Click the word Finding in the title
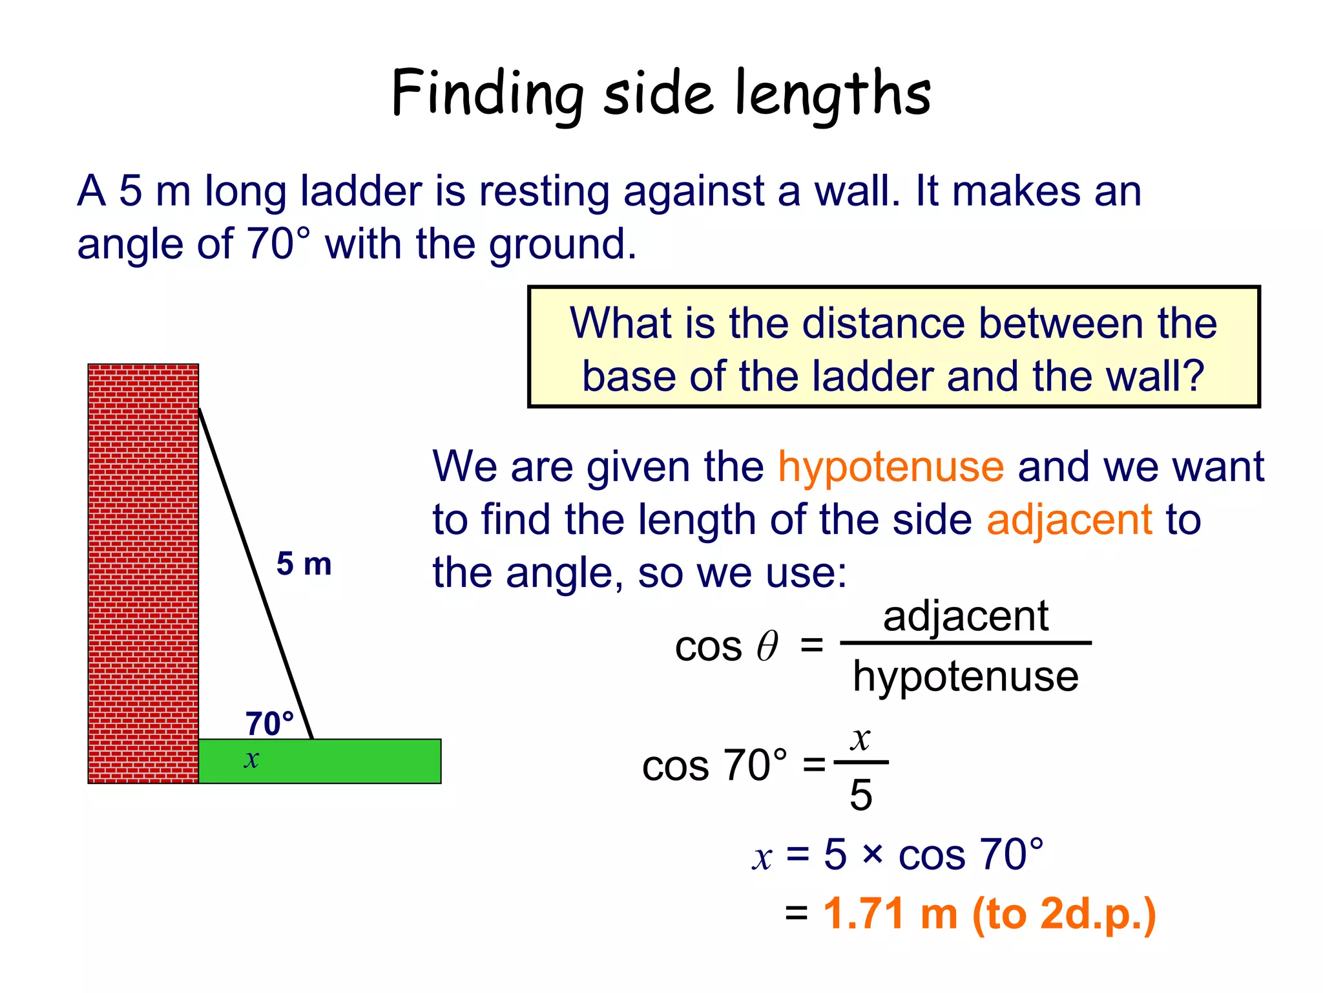click(486, 94)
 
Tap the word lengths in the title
click(833, 94)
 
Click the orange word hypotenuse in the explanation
click(891, 467)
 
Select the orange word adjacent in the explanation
click(1069, 520)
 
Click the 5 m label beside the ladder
click(304, 564)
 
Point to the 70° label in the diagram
click(269, 723)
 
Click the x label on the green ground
click(251, 759)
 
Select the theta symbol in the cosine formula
click(767, 646)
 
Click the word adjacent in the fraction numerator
click(965, 616)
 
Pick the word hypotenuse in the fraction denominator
click(965, 677)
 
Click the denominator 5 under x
click(860, 795)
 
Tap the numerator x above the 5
click(860, 738)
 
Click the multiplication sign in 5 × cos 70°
click(872, 855)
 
